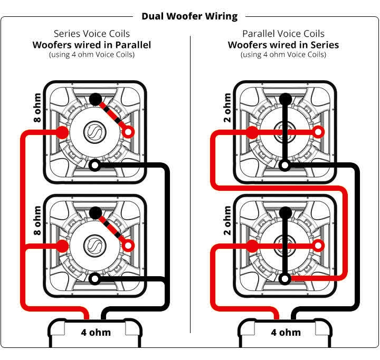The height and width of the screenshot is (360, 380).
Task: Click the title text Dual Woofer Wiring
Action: [189, 16]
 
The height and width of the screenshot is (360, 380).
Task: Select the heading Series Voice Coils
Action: [92, 33]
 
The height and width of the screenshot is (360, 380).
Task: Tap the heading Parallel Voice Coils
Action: [283, 33]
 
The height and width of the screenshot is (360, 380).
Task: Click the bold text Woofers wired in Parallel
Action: [92, 44]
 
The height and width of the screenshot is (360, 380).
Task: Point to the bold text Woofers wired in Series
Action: [283, 44]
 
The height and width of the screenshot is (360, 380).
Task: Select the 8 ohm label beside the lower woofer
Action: [37, 220]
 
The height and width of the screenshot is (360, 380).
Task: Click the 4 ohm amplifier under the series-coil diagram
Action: [95, 333]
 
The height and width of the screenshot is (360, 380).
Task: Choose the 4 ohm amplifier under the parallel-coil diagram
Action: [286, 333]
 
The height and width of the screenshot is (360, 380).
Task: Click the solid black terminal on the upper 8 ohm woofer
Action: [95, 99]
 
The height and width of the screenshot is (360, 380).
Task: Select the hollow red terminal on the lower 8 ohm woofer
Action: [128, 245]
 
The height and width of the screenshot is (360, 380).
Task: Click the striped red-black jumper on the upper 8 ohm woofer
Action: [111, 115]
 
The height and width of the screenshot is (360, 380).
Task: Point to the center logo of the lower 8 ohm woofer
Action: [95, 246]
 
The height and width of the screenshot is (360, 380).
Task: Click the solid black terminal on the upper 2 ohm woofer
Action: [285, 99]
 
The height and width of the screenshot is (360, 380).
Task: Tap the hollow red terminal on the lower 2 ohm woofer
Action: [318, 245]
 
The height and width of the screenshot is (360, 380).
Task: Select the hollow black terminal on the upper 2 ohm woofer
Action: [285, 166]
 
